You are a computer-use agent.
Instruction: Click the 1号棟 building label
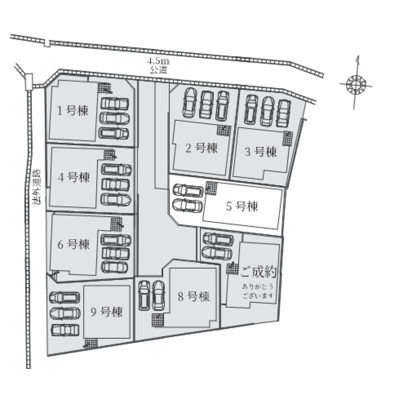click(x=73, y=111)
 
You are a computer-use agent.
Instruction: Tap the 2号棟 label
click(x=201, y=148)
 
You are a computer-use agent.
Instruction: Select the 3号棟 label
click(x=261, y=152)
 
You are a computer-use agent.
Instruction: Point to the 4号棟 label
click(x=74, y=177)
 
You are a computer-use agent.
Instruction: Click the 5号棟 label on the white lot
click(x=242, y=206)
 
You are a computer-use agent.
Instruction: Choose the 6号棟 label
click(x=73, y=245)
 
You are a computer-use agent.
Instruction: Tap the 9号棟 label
click(x=107, y=312)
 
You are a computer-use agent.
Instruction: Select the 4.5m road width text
click(x=158, y=61)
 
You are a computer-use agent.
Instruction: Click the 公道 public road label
click(x=158, y=69)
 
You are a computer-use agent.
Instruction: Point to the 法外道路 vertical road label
click(x=37, y=187)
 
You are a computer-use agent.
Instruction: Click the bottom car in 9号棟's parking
click(x=65, y=330)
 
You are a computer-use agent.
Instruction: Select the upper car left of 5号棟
click(x=188, y=190)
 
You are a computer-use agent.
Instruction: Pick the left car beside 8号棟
click(x=144, y=295)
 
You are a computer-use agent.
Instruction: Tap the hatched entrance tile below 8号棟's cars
click(x=157, y=320)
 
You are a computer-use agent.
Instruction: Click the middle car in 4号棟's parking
click(x=116, y=184)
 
